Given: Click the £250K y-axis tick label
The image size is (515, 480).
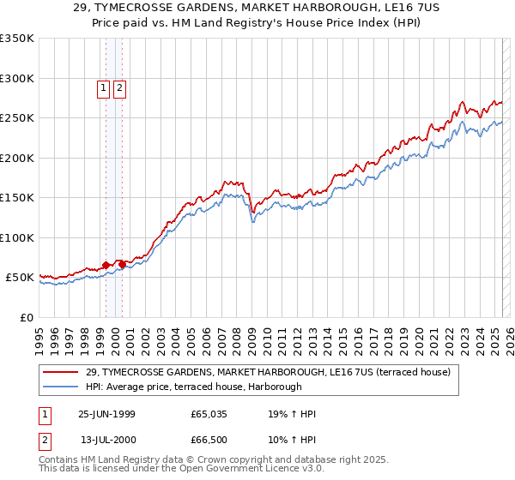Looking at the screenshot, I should [17, 118].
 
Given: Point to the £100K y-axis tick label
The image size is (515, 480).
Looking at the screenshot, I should [17, 237].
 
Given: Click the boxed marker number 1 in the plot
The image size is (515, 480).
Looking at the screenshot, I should [103, 87].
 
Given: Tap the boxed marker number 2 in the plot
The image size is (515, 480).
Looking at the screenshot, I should [118, 87].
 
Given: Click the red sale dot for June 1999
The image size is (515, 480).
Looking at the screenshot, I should [106, 266].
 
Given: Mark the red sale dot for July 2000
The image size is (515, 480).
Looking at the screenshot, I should [122, 264].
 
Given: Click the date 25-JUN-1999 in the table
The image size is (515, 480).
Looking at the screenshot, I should [106, 414].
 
